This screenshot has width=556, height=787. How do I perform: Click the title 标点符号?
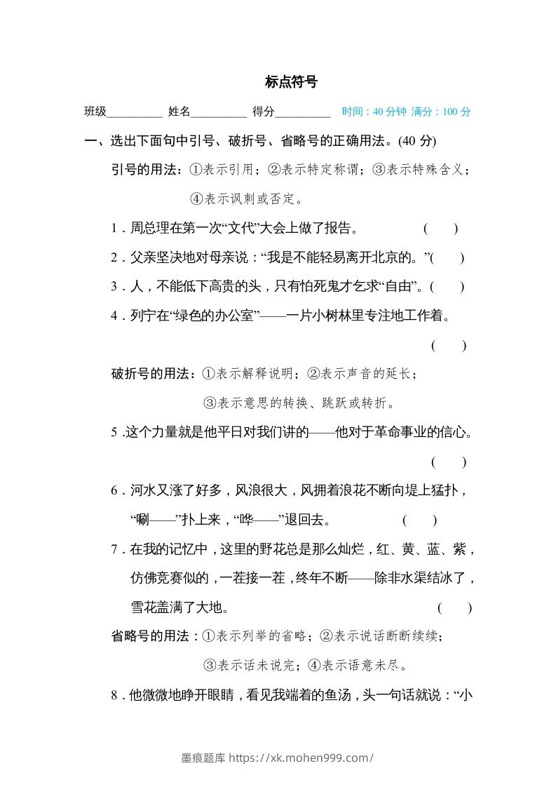point(291,82)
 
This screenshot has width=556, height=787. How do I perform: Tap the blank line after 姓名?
point(218,112)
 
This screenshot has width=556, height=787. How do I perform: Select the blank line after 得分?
point(303,112)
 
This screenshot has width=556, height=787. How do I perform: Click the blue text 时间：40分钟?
point(374,112)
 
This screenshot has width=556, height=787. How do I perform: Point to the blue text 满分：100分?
point(441,112)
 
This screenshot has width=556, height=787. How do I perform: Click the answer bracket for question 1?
point(441,228)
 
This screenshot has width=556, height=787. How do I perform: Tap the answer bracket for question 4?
point(449,345)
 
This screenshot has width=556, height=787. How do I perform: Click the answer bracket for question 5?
point(449,462)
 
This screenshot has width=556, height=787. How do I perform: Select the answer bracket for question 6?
point(420,520)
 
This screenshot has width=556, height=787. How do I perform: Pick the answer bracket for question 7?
point(454,608)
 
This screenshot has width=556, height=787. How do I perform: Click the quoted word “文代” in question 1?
point(240,228)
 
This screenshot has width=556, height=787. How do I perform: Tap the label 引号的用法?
point(146,170)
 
